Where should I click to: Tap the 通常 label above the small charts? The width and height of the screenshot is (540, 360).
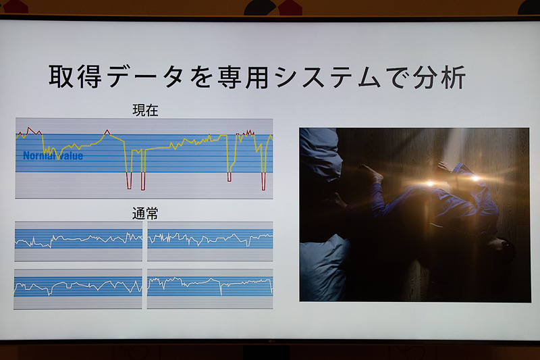145,213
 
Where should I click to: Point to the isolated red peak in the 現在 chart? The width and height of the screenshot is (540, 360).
107,131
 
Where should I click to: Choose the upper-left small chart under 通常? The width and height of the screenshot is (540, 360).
78,240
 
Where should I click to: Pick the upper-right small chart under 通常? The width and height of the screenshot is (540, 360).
210,240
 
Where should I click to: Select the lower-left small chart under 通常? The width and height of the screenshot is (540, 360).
78,288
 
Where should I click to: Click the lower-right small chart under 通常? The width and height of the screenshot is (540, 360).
210,288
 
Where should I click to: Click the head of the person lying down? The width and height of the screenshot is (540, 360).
500,246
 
